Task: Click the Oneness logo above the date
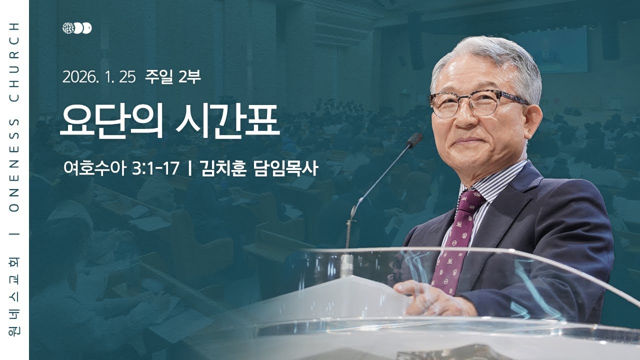point(77,28)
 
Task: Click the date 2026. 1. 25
point(99,77)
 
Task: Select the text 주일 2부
point(172,77)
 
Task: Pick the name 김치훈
point(223,168)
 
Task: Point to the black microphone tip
point(414,139)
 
